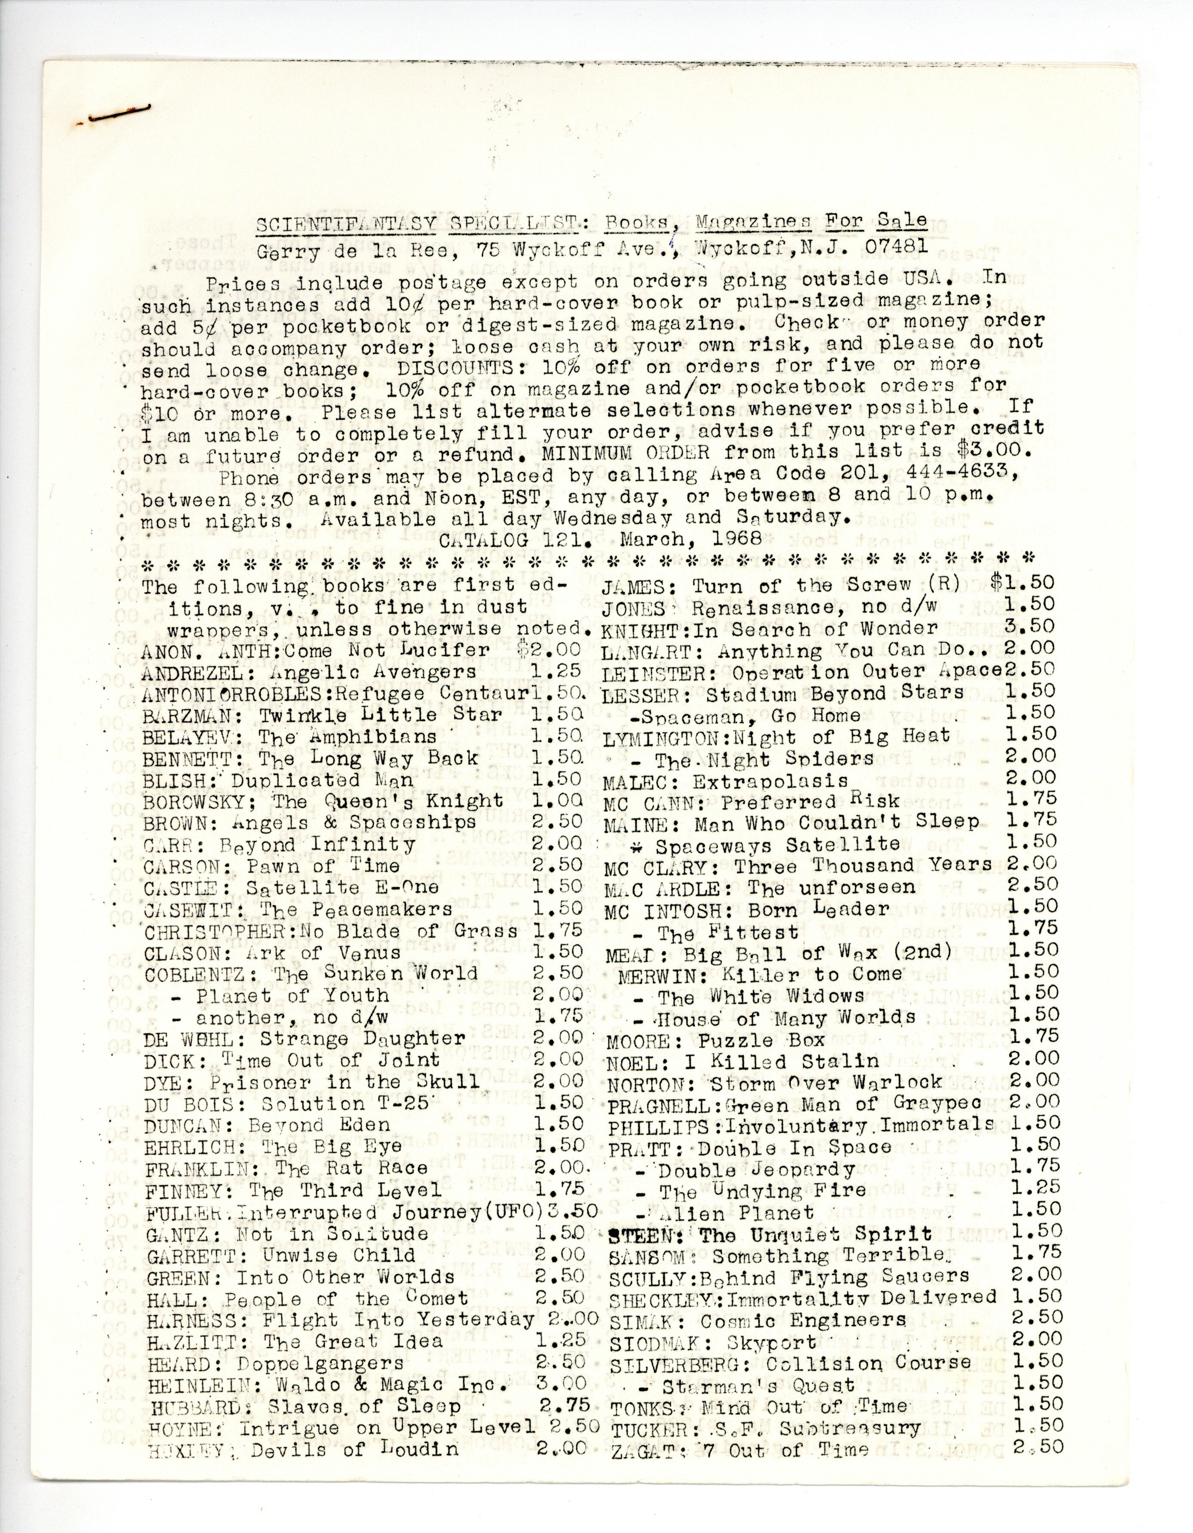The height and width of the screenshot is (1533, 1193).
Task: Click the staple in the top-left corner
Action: click(119, 114)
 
